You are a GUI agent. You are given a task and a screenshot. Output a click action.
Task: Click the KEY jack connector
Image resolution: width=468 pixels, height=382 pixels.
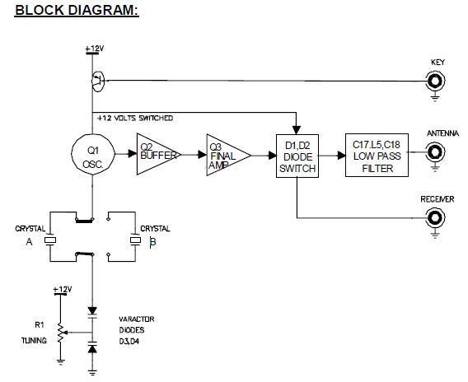(x=436, y=82)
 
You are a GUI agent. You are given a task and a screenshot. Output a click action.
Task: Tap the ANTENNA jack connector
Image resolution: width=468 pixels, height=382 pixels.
(x=436, y=152)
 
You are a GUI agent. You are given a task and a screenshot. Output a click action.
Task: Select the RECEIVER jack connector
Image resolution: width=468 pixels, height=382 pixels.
(x=436, y=218)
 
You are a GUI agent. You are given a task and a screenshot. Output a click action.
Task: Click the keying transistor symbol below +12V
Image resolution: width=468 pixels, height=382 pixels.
(x=97, y=82)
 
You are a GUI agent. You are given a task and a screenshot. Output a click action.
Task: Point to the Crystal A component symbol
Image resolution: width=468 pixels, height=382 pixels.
(x=49, y=240)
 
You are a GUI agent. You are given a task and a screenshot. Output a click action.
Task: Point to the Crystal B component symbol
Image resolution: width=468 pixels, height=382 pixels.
(x=135, y=240)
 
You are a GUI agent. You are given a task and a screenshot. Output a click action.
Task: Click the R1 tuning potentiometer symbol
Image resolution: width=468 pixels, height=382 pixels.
(x=61, y=333)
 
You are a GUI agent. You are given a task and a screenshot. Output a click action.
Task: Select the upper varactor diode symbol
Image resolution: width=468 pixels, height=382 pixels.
(x=92, y=313)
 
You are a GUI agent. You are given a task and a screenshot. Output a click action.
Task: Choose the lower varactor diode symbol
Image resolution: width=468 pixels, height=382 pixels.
(x=92, y=347)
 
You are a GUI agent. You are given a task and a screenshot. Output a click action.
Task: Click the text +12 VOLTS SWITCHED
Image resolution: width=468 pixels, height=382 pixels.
(x=135, y=118)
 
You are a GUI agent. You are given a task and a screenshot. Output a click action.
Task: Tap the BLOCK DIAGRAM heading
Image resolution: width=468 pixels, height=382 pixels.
(x=77, y=10)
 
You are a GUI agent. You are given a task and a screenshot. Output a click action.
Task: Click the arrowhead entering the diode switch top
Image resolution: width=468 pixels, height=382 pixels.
(x=297, y=130)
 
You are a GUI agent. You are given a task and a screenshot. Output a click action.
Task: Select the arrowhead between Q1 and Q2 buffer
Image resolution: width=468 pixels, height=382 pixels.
(x=133, y=154)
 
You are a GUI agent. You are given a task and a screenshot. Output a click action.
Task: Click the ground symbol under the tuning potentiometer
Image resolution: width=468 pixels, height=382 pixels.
(x=61, y=362)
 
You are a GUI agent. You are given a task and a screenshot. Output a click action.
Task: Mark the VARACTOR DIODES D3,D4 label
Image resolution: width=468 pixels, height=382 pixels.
(x=137, y=330)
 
